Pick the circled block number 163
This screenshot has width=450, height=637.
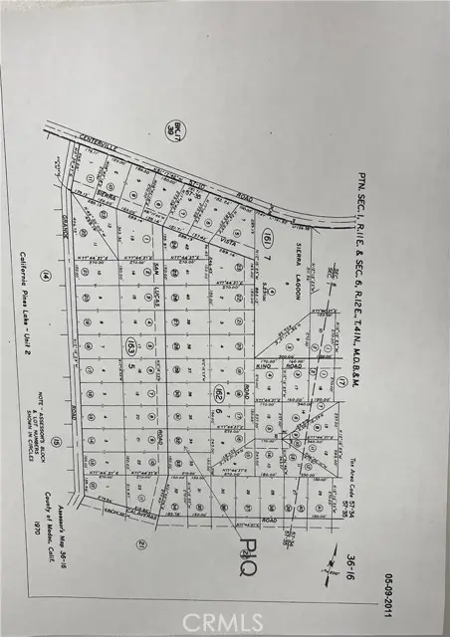pyautogui.click(x=130, y=345)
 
